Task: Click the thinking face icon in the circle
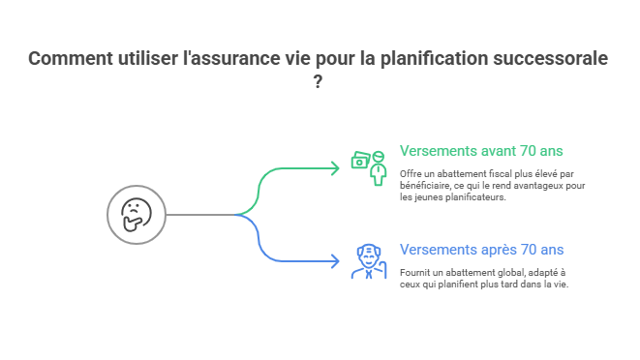[x=137, y=214]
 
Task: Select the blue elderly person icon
[x=368, y=260]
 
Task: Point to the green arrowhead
[x=335, y=168]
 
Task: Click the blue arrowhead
[x=335, y=261]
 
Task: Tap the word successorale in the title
[x=549, y=59]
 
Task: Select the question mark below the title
[x=320, y=82]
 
